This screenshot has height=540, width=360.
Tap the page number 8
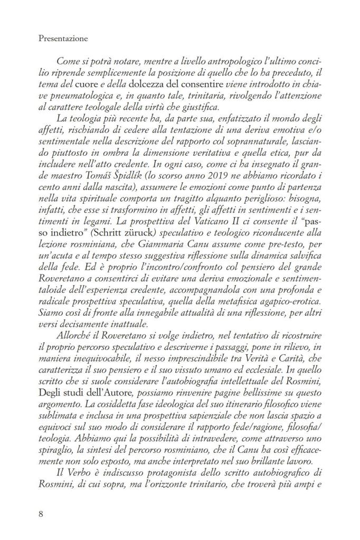coord(42,511)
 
